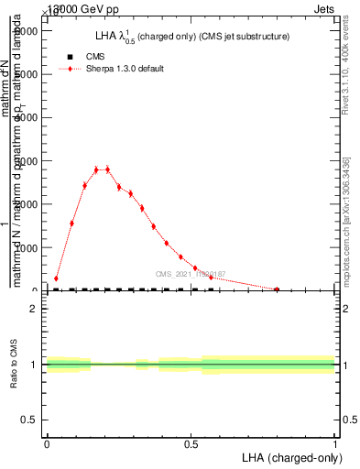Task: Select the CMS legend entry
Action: [x=95, y=56]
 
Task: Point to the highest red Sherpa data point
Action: [x=96, y=169]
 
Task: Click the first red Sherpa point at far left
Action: [x=56, y=278]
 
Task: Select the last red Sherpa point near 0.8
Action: [x=277, y=289]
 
